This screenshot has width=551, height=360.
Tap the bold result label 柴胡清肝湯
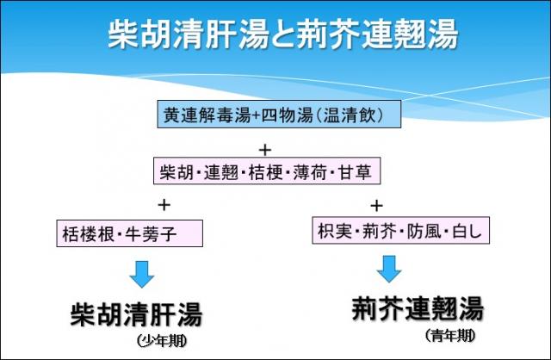coord(137,313)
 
